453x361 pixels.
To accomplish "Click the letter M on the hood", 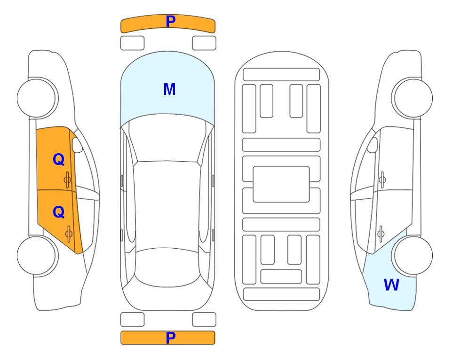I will click(x=169, y=89).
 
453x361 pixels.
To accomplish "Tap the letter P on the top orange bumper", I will click(x=170, y=22).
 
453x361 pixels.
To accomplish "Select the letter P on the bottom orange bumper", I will click(x=170, y=337).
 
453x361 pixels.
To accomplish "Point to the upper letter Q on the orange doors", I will click(x=58, y=160).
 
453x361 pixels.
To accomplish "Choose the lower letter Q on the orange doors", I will click(x=58, y=212).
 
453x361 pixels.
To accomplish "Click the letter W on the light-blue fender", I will click(x=391, y=284).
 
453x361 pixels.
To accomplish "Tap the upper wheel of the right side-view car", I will click(x=413, y=97).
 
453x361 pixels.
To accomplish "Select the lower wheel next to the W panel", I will click(x=413, y=256).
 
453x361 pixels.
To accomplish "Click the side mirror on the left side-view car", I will click(x=77, y=146).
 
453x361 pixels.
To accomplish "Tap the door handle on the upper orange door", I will click(x=68, y=179).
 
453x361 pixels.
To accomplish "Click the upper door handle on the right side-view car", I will click(x=382, y=179).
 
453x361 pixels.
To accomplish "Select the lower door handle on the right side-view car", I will click(x=381, y=232).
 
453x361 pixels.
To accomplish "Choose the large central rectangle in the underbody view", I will click(x=281, y=184).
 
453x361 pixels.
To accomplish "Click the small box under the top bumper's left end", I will click(x=132, y=43).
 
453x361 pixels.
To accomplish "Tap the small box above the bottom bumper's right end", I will click(x=204, y=320).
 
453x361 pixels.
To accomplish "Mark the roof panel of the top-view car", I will click(x=167, y=204).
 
